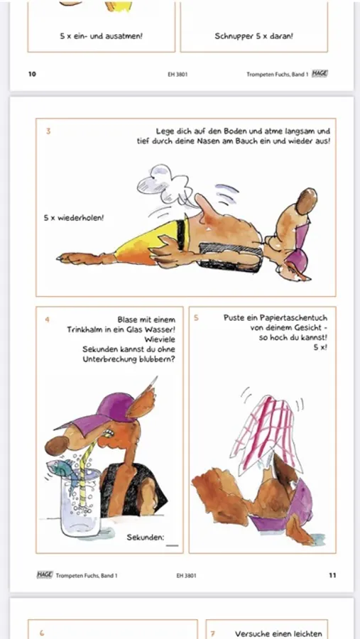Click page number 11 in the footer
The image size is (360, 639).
pyautogui.click(x=332, y=575)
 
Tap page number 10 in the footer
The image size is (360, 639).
pyautogui.click(x=32, y=74)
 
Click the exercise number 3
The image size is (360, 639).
pyautogui.click(x=48, y=131)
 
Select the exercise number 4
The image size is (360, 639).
pyautogui.click(x=48, y=319)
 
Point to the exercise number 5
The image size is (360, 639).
pyautogui.click(x=196, y=318)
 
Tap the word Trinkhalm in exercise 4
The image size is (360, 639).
pyautogui.click(x=84, y=329)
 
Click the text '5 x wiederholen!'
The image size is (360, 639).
pyautogui.click(x=74, y=218)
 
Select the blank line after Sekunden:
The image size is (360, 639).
pyautogui.click(x=173, y=545)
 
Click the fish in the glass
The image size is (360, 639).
pyautogui.click(x=63, y=469)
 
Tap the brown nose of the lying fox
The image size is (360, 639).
pyautogui.click(x=306, y=201)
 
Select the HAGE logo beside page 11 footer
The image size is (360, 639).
pyautogui.click(x=45, y=574)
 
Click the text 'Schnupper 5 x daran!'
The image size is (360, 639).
pyautogui.click(x=253, y=36)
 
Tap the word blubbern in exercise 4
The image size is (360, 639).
pyautogui.click(x=156, y=359)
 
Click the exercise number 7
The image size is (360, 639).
pyautogui.click(x=212, y=634)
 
